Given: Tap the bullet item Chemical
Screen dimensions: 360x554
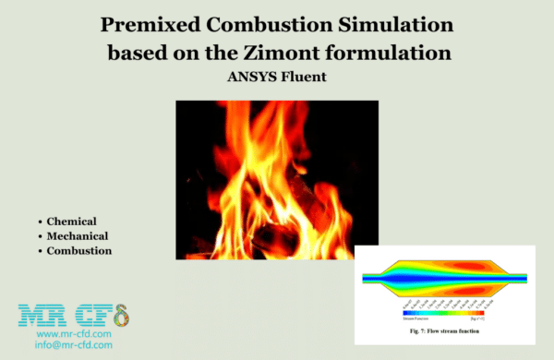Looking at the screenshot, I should pyautogui.click(x=75, y=222).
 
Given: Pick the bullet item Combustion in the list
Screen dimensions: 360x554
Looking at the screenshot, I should pyautogui.click(x=81, y=251).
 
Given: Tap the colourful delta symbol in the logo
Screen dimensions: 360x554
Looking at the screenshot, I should pyautogui.click(x=120, y=315).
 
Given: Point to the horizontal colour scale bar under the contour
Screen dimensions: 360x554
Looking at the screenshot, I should pyautogui.click(x=444, y=313).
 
